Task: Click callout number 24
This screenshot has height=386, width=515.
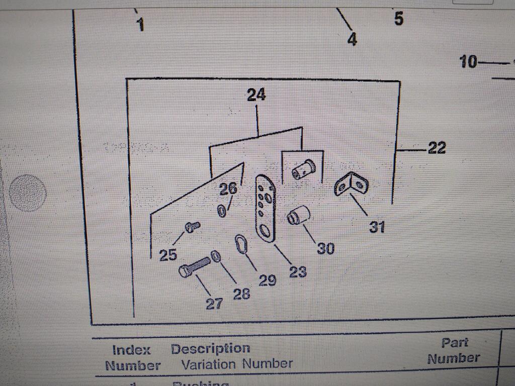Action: (x=256, y=95)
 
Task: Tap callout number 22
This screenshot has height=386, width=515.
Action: (x=437, y=148)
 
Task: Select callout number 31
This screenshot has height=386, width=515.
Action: (x=377, y=227)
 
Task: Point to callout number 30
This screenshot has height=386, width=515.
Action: (x=325, y=248)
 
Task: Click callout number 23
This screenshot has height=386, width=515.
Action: (x=298, y=272)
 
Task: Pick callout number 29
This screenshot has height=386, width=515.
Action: (x=267, y=280)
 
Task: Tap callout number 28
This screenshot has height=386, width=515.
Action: (x=241, y=294)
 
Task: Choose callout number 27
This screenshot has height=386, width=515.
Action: (x=214, y=304)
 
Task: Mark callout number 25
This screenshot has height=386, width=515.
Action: (x=168, y=255)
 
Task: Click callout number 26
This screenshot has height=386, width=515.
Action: (x=228, y=189)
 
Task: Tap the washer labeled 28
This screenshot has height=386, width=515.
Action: (x=216, y=256)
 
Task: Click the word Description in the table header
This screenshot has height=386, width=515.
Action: (x=210, y=349)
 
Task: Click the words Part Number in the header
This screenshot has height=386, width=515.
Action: (x=453, y=350)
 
